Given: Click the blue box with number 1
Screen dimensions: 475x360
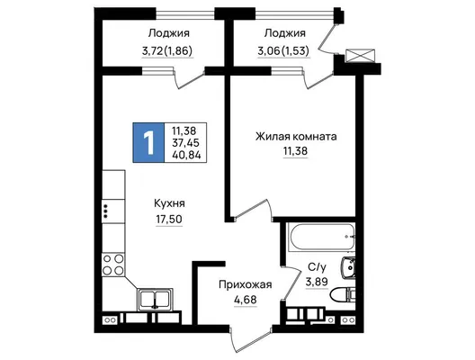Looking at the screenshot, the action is click(x=148, y=143).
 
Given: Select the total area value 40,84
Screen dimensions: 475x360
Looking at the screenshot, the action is click(x=186, y=155).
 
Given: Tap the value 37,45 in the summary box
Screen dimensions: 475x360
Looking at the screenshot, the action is click(x=185, y=143).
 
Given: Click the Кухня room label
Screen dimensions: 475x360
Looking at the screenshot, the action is click(x=169, y=203).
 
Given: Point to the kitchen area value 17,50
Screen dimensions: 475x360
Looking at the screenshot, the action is click(x=169, y=219).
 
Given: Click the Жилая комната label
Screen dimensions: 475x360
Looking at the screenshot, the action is click(x=296, y=137).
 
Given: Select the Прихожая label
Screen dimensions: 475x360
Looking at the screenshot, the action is click(x=246, y=284).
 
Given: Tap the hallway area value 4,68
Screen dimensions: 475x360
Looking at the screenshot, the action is click(x=246, y=300).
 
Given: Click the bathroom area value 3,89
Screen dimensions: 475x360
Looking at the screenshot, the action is click(x=317, y=282).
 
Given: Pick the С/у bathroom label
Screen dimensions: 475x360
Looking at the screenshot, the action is click(x=318, y=267).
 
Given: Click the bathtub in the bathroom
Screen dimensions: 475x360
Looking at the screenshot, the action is click(x=320, y=237).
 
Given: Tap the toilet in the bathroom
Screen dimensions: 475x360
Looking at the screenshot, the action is click(x=343, y=295).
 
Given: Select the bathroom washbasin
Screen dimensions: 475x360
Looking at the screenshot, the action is click(x=348, y=267).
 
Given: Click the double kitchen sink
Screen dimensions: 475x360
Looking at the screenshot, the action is click(x=155, y=300).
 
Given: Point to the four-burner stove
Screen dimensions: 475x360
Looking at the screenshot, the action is click(x=113, y=265).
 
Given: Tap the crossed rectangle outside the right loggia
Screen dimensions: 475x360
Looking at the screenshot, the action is click(x=360, y=56).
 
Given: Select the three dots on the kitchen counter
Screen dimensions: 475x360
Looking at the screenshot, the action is click(x=105, y=211).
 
